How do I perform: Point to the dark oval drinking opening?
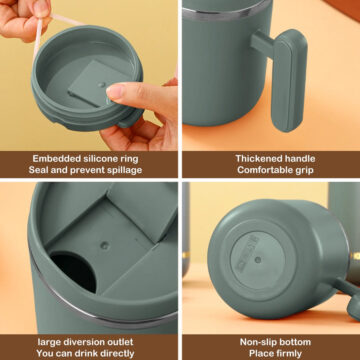[x=73, y=268]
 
